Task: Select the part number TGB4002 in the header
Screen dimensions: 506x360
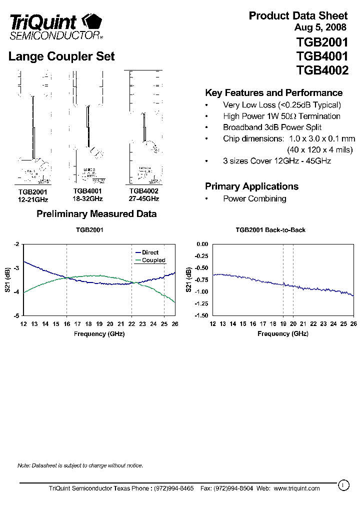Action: (322, 70)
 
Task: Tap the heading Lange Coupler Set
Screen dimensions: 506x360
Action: (61, 56)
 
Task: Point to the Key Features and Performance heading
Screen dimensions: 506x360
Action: (273, 93)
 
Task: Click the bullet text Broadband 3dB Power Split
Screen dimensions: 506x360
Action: (272, 127)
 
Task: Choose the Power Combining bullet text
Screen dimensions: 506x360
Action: (254, 198)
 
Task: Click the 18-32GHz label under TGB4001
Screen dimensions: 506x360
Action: (87, 198)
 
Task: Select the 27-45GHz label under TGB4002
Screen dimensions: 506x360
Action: (143, 198)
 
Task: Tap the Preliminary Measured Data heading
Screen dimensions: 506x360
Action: (96, 214)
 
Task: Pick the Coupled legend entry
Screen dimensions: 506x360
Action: (153, 260)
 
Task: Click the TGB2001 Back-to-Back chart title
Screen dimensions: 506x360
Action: (270, 230)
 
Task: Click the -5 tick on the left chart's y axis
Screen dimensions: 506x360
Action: (16, 315)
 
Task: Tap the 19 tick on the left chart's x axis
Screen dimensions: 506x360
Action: (99, 324)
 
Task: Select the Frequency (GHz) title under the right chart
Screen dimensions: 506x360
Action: (283, 333)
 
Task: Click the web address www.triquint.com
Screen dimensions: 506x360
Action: (296, 488)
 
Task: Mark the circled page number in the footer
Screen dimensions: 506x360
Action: (343, 484)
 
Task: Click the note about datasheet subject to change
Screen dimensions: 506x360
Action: (80, 465)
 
